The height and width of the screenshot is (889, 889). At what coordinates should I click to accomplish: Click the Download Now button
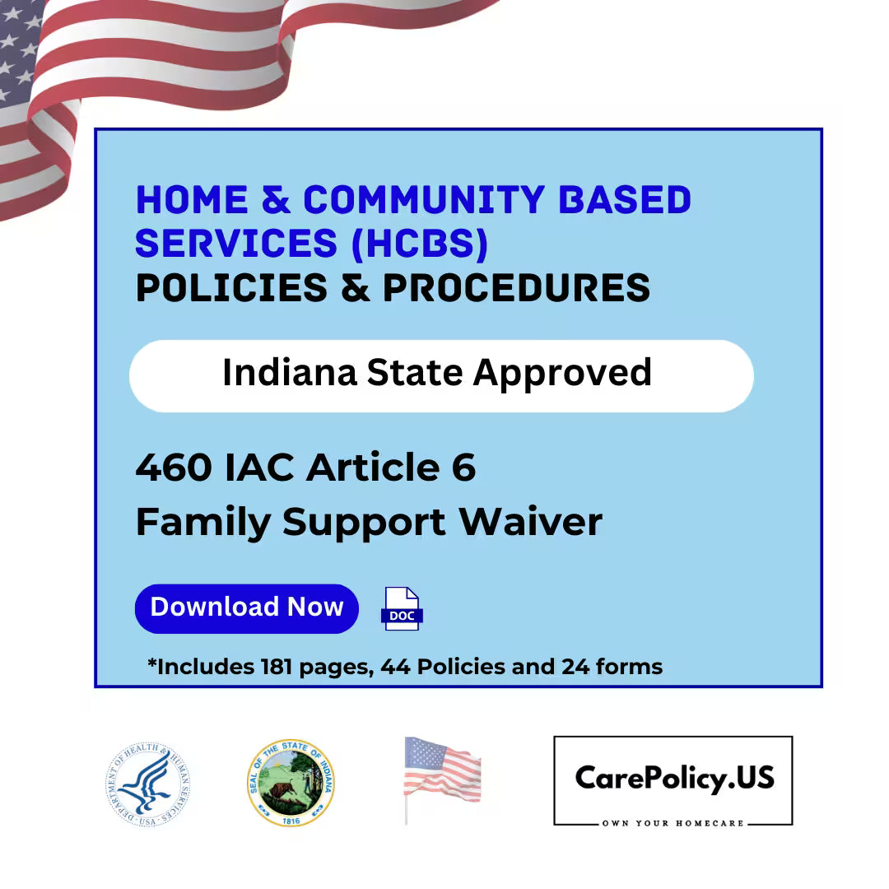pyautogui.click(x=246, y=608)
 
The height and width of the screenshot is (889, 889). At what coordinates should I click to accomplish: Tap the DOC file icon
pyautogui.click(x=402, y=609)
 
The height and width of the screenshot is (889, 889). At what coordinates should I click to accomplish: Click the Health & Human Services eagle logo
pyautogui.click(x=149, y=784)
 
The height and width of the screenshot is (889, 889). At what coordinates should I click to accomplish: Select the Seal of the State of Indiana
pyautogui.click(x=291, y=783)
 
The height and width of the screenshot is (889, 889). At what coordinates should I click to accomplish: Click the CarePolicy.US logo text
pyautogui.click(x=674, y=777)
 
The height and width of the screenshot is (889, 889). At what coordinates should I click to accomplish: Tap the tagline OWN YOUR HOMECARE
pyautogui.click(x=673, y=823)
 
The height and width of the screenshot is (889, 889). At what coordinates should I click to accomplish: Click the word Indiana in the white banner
pyautogui.click(x=290, y=373)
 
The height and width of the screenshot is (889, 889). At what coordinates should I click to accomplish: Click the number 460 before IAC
pyautogui.click(x=175, y=468)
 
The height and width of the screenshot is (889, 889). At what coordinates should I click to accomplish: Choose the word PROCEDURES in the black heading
pyautogui.click(x=516, y=288)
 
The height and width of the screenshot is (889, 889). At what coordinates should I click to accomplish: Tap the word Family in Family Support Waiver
pyautogui.click(x=202, y=522)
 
